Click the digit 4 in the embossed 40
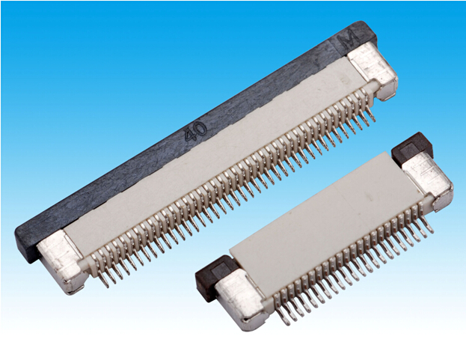click(190, 135)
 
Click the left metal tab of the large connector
click(61, 262)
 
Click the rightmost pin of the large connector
click(370, 115)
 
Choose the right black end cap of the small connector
click(411, 148)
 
